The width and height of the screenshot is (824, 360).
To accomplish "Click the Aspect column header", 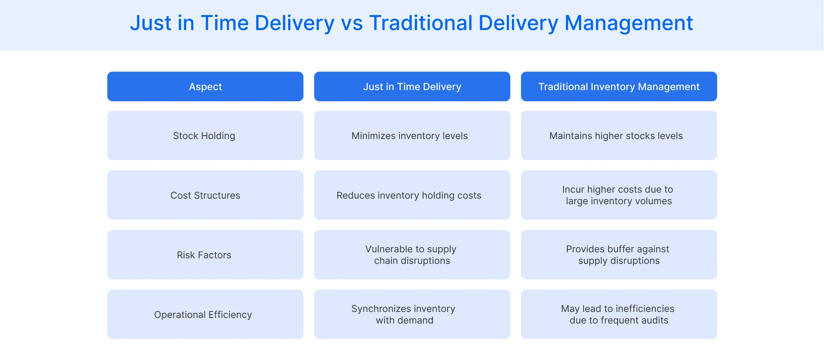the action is click(x=205, y=87).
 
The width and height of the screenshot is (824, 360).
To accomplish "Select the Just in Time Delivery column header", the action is click(x=412, y=87).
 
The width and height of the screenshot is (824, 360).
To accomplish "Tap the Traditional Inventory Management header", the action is click(x=619, y=87).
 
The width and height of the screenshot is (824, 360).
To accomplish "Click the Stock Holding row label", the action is click(x=205, y=136).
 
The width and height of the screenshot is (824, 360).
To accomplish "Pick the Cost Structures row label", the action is click(x=205, y=195).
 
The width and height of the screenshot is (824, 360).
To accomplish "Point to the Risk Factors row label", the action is click(x=205, y=255).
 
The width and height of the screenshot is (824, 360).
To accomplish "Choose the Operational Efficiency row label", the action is click(x=205, y=315).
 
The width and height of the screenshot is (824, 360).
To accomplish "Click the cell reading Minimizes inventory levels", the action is click(x=412, y=136).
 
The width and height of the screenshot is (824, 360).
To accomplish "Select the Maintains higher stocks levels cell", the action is click(x=619, y=136).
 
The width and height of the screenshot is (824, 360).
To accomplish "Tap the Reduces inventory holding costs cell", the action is click(x=412, y=195).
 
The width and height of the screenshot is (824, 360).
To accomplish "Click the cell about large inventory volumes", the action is click(x=619, y=195).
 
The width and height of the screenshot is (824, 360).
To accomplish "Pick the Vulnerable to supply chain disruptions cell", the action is click(x=412, y=255).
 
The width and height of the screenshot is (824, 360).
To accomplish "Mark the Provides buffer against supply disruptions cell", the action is click(x=619, y=255).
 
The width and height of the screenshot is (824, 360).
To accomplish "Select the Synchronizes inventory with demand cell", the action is click(x=412, y=315).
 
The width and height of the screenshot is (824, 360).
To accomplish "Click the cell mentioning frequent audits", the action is click(x=619, y=315).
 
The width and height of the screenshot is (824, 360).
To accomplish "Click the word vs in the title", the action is click(x=352, y=24).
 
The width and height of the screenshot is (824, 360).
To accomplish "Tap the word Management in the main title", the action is click(x=629, y=24).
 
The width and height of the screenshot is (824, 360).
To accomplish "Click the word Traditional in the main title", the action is click(x=421, y=23).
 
